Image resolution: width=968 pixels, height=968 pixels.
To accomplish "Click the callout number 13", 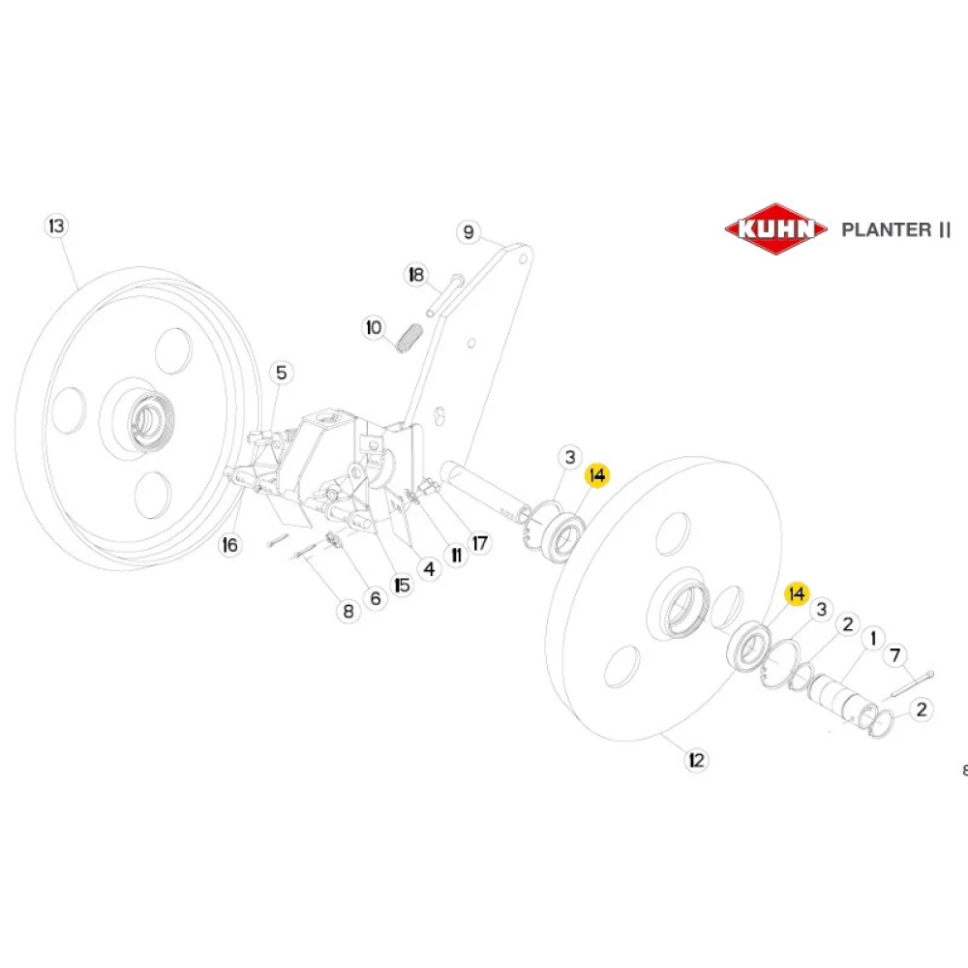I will point(57,227).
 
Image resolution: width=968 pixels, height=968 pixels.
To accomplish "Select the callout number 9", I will point(468,232).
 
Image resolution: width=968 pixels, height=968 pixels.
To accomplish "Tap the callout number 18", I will point(416,275).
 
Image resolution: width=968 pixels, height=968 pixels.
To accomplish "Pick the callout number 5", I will point(281,372).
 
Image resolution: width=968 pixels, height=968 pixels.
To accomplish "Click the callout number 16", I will point(229,545).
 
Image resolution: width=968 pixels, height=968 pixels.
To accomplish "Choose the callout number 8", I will point(347,611).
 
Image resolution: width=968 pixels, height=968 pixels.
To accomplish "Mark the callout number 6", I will point(376,599).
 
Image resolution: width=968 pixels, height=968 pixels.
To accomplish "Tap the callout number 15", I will point(402,585).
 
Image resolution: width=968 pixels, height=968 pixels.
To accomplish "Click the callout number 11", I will point(455,556).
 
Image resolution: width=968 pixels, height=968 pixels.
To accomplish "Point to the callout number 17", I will point(480,543).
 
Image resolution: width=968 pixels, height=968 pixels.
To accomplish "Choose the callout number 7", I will point(896,656).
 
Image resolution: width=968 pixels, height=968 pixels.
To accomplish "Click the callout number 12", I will point(695,761).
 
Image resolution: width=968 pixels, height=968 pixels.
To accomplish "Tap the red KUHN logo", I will point(776,230).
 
